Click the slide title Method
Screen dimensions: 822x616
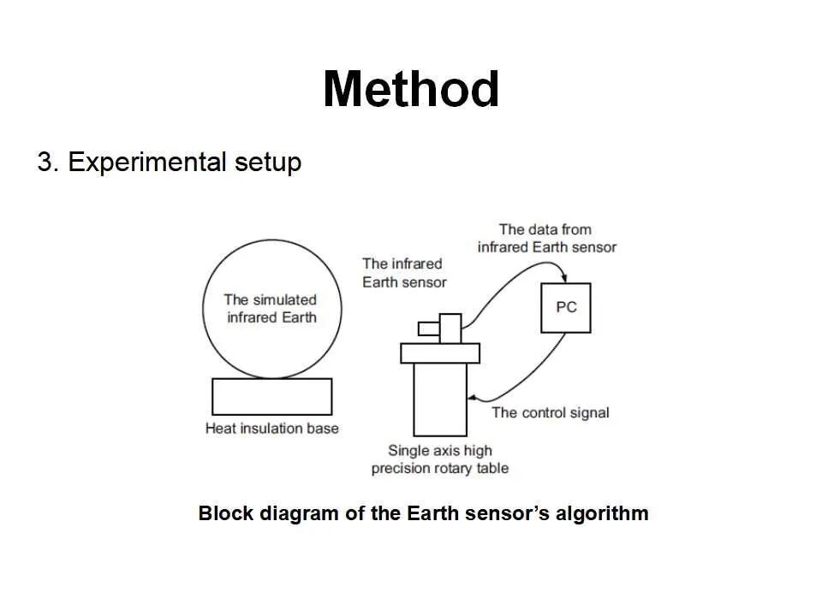coord(411,89)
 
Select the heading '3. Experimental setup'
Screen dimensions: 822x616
coord(170,162)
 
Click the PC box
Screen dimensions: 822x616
coord(566,307)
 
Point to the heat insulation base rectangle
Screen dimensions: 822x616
coord(271,397)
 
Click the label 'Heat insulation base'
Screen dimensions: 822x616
coord(271,428)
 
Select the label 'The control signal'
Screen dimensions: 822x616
coord(550,412)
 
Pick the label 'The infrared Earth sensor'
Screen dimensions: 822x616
coord(404,273)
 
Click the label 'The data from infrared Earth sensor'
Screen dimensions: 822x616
coord(546,238)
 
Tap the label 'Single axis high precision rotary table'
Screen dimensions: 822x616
coord(439,459)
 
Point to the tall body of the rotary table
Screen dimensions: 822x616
coord(439,399)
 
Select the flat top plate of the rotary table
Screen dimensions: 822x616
coord(440,352)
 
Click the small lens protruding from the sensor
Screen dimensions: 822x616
coord(428,329)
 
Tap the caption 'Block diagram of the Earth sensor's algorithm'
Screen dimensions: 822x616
coord(423,514)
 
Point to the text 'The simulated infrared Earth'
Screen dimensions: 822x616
coord(271,308)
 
